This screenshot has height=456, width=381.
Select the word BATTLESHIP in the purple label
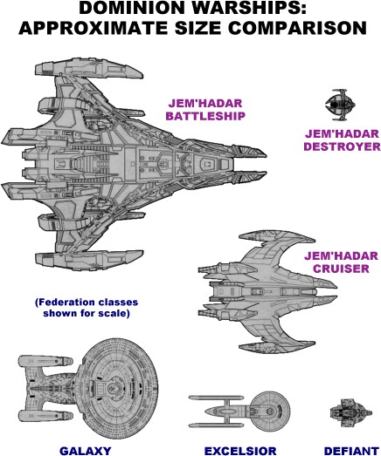205,116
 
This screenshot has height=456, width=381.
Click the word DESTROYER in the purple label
342,146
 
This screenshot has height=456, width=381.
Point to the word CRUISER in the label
341,269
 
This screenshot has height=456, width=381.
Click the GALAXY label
86,451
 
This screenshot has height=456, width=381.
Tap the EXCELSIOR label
240,451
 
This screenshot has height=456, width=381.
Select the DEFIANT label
351,451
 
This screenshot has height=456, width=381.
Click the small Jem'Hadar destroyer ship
340,105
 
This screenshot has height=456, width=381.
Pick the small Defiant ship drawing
350,412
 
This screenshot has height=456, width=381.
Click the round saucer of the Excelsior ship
270,411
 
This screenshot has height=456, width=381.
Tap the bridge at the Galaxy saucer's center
114,388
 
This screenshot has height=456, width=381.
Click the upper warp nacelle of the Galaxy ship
45,361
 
